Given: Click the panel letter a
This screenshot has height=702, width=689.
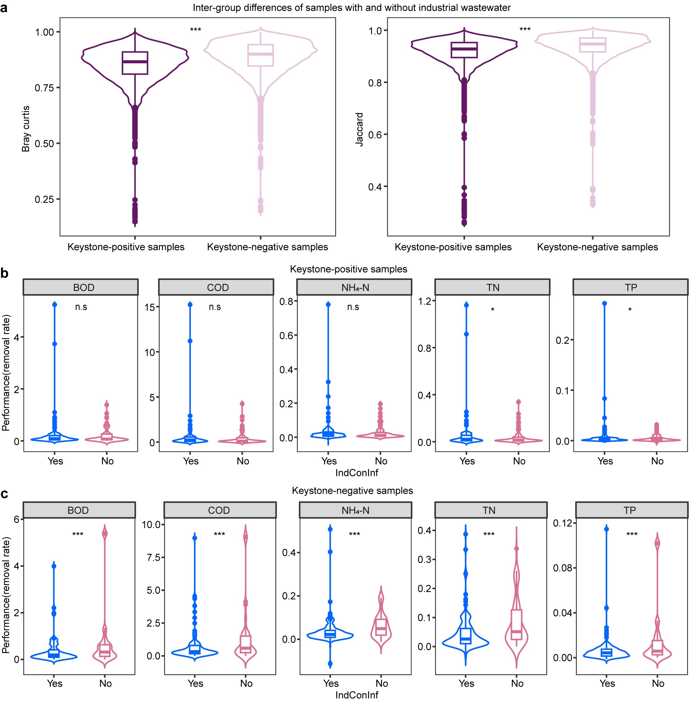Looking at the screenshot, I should coord(4,7).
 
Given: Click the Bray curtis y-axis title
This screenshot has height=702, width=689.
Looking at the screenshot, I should coord(26,129).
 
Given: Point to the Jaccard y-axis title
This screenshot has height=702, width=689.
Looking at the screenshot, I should coord(359,129).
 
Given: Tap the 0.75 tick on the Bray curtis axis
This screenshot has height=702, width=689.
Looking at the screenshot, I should coord(44,88).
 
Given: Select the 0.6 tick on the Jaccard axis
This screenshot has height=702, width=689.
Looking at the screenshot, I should coord(375,135).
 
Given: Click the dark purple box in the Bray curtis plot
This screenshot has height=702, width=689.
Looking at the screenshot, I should coord(135,63).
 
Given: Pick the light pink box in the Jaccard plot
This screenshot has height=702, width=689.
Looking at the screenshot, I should coord(593,45).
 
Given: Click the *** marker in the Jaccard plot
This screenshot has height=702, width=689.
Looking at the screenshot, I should coord(525,29).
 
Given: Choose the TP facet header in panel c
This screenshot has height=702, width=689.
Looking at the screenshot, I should coord(630,510).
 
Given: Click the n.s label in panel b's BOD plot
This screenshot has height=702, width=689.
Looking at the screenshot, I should coord(81,307).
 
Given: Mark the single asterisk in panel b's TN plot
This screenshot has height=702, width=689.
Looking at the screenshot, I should coord(493,310).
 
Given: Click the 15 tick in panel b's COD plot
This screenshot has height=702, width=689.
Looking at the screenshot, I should coord(149,307).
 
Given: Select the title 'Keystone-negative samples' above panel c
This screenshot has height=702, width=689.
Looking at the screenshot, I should coord(352,490).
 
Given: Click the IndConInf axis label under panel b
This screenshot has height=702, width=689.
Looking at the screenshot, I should coord(357,473).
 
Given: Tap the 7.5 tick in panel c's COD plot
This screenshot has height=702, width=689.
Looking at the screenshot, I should coord(153,557).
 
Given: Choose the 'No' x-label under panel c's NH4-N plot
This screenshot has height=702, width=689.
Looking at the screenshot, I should coord(382,683).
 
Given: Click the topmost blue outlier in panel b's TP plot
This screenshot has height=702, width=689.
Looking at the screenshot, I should coord(604,304).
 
